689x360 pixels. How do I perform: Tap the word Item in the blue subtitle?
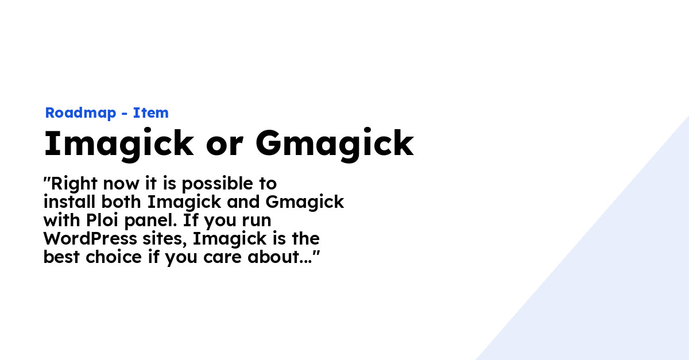[151, 113]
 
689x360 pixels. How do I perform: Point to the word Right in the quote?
[73, 184]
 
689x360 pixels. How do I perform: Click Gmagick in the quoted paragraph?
[304, 203]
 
